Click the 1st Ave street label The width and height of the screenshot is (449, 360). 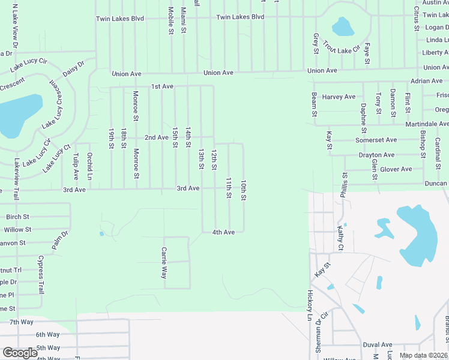(x=162, y=86)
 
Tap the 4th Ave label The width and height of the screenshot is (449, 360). (x=223, y=232)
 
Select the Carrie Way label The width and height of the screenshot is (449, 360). (x=163, y=263)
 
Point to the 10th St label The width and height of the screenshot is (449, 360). (x=244, y=190)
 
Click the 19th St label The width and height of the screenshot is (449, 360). (x=112, y=138)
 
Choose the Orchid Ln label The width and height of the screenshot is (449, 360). (x=89, y=166)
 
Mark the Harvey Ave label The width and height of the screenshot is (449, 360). (x=339, y=97)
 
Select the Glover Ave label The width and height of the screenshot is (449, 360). (x=396, y=169)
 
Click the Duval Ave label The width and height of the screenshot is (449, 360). (x=377, y=345)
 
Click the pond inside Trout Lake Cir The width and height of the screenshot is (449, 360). (x=343, y=26)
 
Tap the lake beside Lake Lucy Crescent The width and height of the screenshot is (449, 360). (x=18, y=114)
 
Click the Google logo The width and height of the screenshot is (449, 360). (x=20, y=353)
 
